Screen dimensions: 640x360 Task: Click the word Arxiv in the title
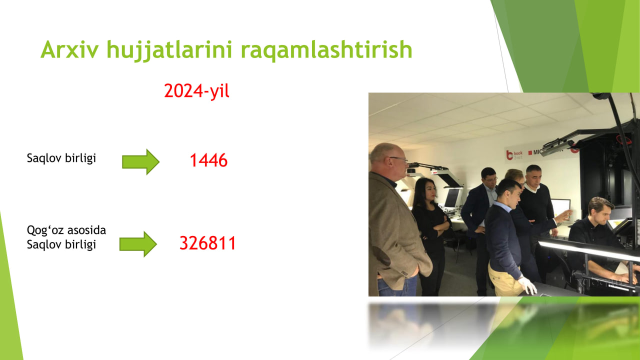(69, 50)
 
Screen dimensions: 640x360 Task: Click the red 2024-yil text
(196, 91)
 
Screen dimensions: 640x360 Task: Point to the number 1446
(208, 160)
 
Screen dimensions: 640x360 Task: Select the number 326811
(207, 243)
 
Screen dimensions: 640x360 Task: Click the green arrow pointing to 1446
(140, 161)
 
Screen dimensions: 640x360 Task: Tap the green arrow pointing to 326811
(138, 244)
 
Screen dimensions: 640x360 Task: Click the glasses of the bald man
(398, 159)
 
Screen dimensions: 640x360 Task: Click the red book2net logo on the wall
(514, 155)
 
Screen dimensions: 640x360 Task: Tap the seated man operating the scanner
(600, 240)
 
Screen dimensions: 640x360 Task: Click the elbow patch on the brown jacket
(382, 255)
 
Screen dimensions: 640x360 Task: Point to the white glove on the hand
(527, 285)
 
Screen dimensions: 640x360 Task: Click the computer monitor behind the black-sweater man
(560, 208)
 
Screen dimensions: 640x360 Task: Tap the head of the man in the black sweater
(533, 175)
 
